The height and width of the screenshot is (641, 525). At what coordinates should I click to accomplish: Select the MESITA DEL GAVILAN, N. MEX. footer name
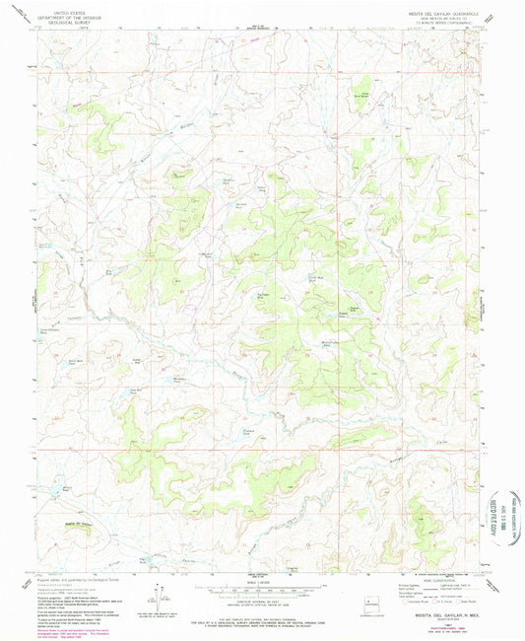pyautogui.click(x=437, y=613)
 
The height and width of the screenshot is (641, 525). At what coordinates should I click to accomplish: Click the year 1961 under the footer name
pyautogui.click(x=437, y=619)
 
